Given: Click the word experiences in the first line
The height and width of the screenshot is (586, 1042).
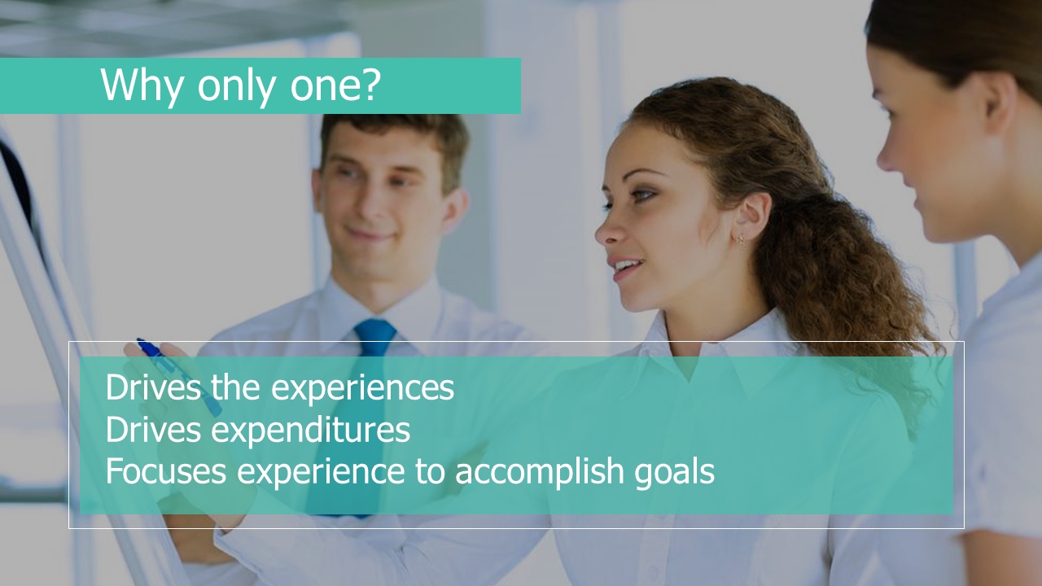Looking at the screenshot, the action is click(x=362, y=388).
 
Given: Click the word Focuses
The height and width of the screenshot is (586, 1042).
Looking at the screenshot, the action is click(x=166, y=470).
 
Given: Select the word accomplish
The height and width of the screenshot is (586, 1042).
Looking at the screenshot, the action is click(x=540, y=471).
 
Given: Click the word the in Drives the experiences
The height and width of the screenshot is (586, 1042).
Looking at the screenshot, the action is click(x=235, y=387).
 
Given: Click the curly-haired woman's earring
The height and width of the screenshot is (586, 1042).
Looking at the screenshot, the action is click(x=741, y=240).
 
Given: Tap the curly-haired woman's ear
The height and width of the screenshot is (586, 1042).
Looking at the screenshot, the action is click(x=751, y=216).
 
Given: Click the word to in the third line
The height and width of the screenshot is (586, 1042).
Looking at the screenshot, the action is click(x=430, y=471).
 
